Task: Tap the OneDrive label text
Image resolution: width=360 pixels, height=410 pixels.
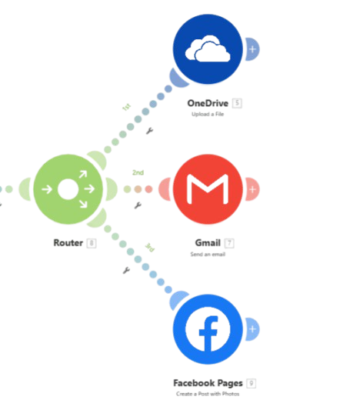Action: (x=208, y=102)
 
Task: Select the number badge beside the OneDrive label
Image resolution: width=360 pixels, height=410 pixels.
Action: (x=238, y=102)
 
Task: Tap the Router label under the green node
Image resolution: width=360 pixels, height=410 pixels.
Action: (x=67, y=242)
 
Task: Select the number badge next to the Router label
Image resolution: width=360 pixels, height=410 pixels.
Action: (x=92, y=242)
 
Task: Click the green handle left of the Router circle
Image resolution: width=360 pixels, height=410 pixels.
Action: (x=24, y=188)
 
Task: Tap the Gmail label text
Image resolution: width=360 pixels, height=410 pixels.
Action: (x=206, y=242)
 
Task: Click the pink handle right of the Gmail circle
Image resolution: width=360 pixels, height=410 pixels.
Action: (x=252, y=188)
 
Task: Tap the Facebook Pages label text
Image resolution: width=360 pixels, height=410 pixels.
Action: (x=208, y=382)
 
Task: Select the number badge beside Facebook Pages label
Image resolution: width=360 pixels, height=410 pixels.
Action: (x=252, y=382)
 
